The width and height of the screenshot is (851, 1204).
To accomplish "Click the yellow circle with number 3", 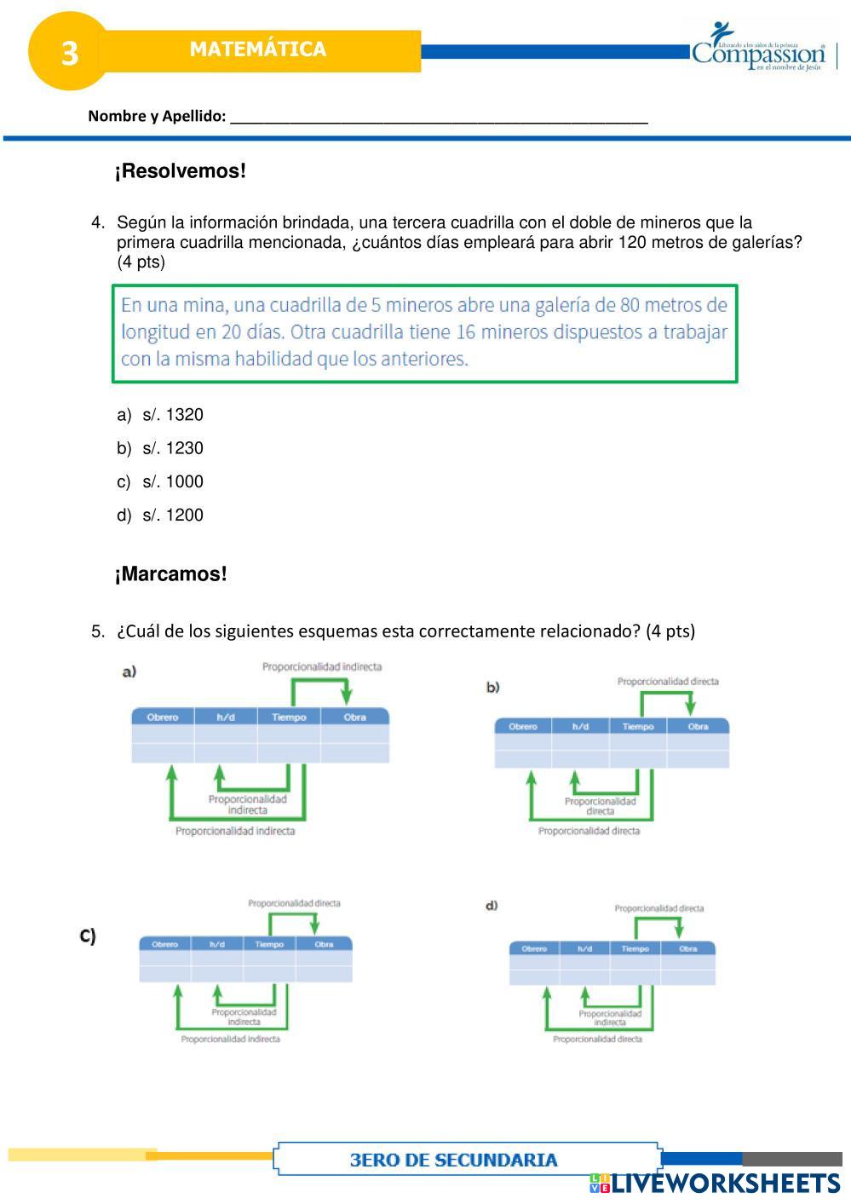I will [x=69, y=52].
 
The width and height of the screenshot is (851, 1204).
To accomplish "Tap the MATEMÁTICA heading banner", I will [x=258, y=49].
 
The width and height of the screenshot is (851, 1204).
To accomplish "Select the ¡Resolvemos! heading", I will [x=181, y=171].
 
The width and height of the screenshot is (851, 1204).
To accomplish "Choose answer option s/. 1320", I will [x=172, y=415].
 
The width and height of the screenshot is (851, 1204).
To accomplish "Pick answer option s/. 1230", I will [x=172, y=448].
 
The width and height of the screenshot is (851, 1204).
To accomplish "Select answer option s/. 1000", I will [x=172, y=481].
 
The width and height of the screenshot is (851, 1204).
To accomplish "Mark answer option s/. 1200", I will [x=172, y=515].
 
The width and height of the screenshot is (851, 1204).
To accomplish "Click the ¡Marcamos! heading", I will [x=171, y=574].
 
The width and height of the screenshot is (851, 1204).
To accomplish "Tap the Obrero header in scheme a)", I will [x=163, y=717].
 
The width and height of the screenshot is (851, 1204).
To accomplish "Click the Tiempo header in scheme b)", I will [x=637, y=727].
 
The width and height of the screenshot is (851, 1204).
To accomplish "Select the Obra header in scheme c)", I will [x=324, y=944].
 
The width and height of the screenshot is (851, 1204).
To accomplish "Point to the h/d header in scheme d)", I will [x=584, y=948].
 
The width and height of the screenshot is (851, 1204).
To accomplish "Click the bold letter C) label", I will [x=88, y=936].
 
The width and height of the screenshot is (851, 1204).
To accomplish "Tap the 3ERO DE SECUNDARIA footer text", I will [x=453, y=1160].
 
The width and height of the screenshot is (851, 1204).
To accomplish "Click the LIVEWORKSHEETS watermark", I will [x=724, y=1184].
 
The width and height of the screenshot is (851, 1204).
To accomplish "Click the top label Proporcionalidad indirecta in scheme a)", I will [x=322, y=666].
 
